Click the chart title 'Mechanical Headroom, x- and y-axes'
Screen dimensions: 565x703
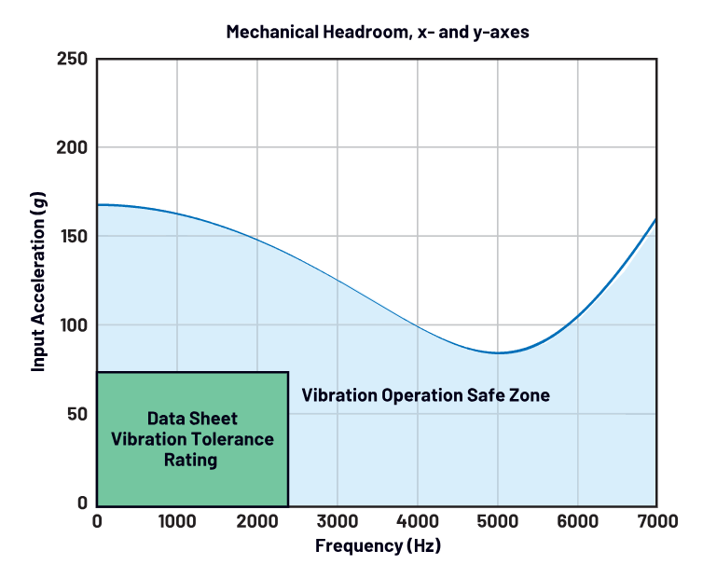click(378, 33)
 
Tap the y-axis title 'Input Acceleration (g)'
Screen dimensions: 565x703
click(38, 281)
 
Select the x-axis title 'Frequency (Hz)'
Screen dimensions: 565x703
click(378, 545)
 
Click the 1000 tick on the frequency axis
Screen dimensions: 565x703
click(177, 521)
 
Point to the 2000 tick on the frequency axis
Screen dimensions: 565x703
click(257, 521)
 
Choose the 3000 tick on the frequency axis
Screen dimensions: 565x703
click(338, 521)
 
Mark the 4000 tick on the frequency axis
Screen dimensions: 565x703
click(417, 521)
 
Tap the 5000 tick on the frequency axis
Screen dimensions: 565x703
click(497, 521)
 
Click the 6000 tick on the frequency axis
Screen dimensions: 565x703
click(577, 521)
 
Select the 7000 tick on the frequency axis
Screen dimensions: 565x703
click(656, 521)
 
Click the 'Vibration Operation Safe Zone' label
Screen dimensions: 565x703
click(425, 395)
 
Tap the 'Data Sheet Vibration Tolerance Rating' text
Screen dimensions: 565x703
click(192, 439)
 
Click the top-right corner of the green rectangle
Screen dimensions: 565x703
click(287, 373)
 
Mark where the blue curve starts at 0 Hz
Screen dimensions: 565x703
click(98, 204)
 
